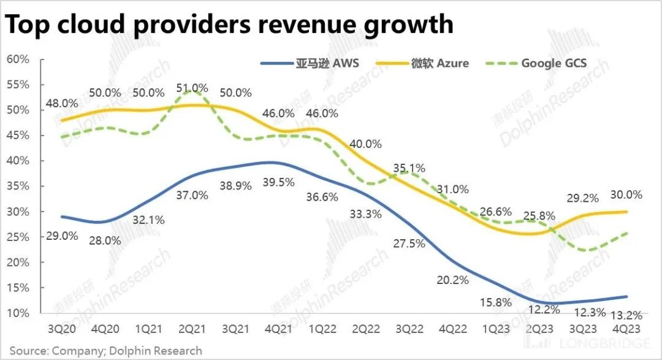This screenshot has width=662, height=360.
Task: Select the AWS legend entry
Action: tap(310, 63)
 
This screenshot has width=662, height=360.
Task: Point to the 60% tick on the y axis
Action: tap(18, 59)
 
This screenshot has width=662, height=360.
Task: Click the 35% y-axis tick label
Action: tap(18, 186)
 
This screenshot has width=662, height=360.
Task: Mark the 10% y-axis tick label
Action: tap(18, 313)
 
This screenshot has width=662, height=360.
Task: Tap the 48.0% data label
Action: tap(61, 104)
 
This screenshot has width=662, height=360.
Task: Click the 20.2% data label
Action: tap(453, 280)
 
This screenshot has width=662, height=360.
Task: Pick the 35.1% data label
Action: tap(409, 168)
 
